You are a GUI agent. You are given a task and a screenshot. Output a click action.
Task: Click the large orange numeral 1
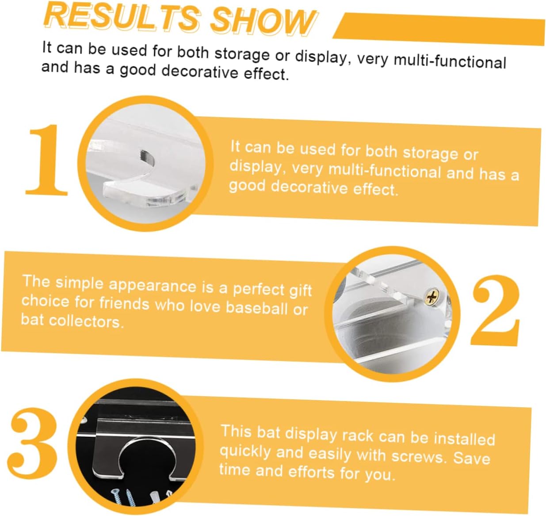(47, 160)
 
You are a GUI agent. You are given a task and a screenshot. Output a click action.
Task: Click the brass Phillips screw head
(431, 297)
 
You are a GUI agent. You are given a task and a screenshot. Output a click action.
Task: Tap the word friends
(124, 303)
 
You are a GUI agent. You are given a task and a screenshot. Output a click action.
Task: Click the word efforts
(312, 473)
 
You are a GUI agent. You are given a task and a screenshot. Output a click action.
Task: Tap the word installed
(464, 439)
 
